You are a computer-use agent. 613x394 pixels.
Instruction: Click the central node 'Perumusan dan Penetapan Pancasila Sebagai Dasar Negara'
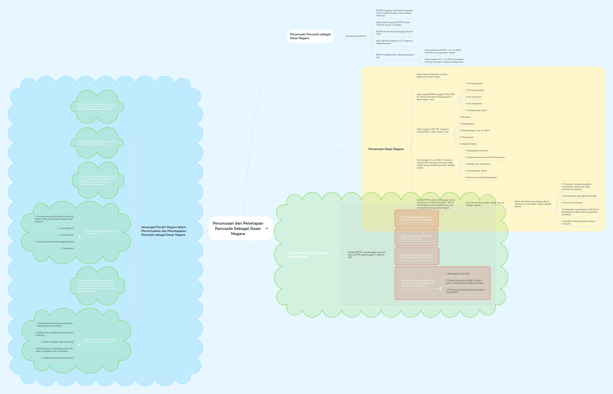point(238,228)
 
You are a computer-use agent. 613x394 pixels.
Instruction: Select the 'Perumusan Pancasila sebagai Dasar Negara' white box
point(310,36)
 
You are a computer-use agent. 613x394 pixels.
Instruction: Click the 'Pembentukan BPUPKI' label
point(356,36)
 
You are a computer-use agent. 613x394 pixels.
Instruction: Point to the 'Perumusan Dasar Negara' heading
point(386,149)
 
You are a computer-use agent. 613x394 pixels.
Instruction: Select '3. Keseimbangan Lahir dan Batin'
point(474,131)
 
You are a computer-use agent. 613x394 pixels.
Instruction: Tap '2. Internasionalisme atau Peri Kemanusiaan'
point(485,157)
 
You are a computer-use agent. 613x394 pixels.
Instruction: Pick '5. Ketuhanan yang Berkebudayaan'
point(481,178)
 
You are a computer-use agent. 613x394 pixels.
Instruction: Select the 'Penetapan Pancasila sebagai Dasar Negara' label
point(309,255)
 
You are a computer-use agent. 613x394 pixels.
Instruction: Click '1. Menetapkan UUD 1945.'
point(458,274)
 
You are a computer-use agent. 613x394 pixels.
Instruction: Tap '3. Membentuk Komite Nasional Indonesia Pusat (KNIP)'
point(465,291)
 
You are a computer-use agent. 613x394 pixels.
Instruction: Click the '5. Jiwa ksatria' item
point(67,248)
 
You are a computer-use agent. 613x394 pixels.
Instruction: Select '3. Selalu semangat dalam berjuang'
point(57,342)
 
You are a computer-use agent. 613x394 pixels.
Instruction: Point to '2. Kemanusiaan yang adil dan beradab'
point(579,196)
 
